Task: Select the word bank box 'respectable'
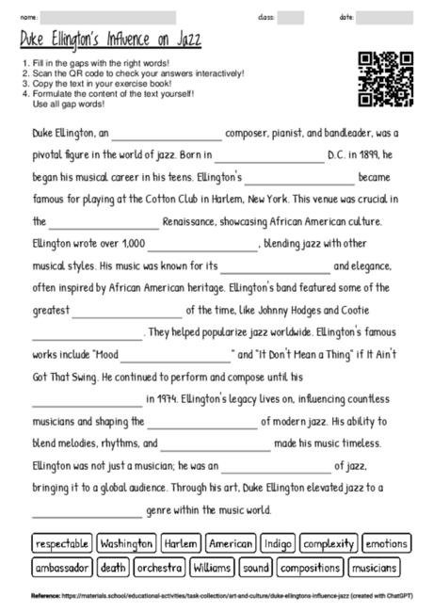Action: point(62,544)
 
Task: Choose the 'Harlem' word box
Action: point(180,544)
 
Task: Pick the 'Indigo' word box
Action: point(279,544)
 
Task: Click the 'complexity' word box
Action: point(329,544)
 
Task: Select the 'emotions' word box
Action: point(386,544)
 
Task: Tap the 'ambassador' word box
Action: point(62,568)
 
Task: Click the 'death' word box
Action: point(113,568)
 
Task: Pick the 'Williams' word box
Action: point(211,568)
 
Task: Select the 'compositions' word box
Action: point(310,568)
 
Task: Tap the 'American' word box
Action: point(231,544)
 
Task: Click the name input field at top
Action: point(108,17)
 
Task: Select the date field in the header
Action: point(384,17)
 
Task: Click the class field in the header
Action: point(291,17)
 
